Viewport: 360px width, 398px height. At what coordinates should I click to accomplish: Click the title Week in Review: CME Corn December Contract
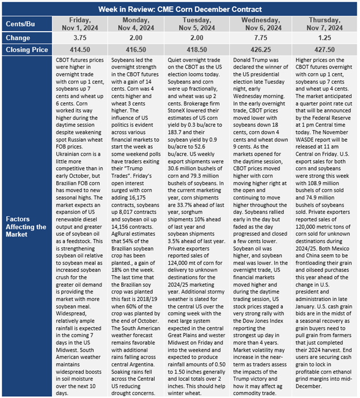[x=180, y=9]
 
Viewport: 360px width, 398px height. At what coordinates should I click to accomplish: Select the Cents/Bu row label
[x=27, y=23]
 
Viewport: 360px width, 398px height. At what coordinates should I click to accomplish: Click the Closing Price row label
[x=27, y=50]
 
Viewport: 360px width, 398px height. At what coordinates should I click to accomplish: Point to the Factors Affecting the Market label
[x=27, y=227]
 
